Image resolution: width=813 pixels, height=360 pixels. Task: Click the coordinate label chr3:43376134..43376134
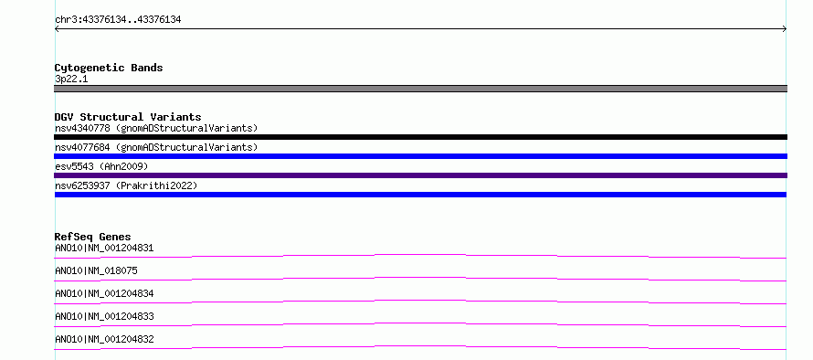(x=118, y=20)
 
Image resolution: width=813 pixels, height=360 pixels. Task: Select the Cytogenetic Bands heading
(x=109, y=68)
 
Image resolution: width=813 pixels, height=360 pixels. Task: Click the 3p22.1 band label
(x=71, y=79)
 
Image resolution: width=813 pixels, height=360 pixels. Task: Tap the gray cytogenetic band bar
(x=420, y=89)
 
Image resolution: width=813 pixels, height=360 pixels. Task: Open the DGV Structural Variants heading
(x=128, y=117)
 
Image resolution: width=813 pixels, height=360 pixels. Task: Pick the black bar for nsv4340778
(x=420, y=137)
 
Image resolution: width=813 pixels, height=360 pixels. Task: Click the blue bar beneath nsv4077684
(x=420, y=156)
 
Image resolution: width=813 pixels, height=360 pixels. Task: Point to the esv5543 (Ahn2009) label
(x=101, y=166)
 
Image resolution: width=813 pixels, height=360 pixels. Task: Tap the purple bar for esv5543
(x=420, y=175)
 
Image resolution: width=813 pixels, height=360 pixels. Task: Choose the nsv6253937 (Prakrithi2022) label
(x=126, y=185)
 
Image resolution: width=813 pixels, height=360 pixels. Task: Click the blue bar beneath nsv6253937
(x=420, y=195)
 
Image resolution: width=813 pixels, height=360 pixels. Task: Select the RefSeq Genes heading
(x=93, y=237)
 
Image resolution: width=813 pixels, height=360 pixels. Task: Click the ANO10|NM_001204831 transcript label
(x=104, y=248)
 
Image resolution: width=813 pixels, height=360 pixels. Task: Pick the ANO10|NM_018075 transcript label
(x=97, y=270)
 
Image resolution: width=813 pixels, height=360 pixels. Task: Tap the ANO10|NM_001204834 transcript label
(x=104, y=293)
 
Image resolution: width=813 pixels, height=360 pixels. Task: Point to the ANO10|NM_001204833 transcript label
(x=104, y=316)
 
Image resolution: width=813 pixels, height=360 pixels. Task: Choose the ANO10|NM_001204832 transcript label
(x=104, y=339)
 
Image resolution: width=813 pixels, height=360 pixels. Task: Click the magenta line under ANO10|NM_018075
(x=420, y=278)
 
